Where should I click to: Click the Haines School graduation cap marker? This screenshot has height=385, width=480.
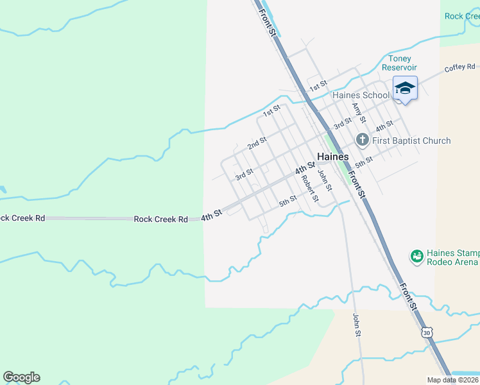(405, 87)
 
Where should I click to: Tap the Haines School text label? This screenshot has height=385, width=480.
(361, 96)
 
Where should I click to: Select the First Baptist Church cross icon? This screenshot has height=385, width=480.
(361, 140)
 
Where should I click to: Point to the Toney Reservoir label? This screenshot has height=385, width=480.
(399, 63)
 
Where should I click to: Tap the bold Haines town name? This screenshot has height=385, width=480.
(333, 157)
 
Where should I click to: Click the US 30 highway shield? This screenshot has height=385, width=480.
(427, 332)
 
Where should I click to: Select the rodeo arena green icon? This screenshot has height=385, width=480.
(416, 257)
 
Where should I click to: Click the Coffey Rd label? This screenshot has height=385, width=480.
(459, 67)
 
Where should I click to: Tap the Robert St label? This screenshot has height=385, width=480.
(310, 188)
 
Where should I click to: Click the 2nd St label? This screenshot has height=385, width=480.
(257, 142)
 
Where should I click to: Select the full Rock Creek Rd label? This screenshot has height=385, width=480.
(160, 219)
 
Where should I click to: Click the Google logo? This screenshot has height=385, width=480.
(21, 377)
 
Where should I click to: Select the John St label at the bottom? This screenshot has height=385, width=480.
(357, 325)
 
